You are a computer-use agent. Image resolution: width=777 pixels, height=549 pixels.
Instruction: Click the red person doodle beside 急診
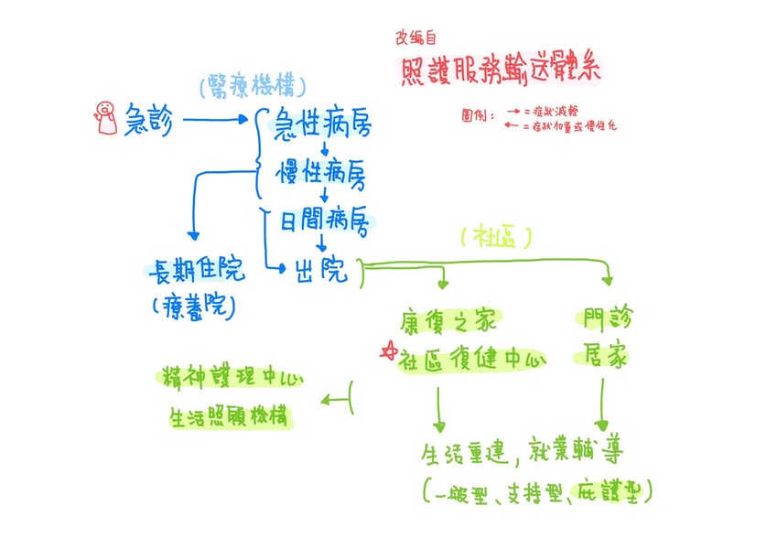[106, 116]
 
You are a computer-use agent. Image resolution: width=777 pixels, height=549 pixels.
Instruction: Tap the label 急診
[147, 120]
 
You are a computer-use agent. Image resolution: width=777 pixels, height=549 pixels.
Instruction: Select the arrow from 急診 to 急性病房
[216, 120]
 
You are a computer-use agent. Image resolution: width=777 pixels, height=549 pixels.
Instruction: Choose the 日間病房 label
[323, 221]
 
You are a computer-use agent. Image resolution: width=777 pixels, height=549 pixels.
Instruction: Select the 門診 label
[609, 320]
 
